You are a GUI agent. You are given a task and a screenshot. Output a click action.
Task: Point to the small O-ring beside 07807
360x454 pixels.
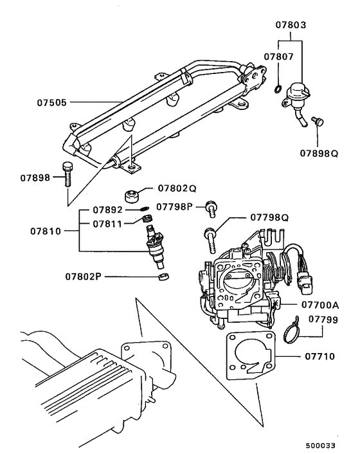pyautogui.click(x=276, y=88)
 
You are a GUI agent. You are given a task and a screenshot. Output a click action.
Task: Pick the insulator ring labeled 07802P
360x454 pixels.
pyautogui.click(x=164, y=277)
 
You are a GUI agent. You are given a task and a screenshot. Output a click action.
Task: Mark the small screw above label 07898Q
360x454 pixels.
pyautogui.click(x=315, y=122)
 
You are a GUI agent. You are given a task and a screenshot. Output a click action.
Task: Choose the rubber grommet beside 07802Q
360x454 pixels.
pyautogui.click(x=132, y=194)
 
